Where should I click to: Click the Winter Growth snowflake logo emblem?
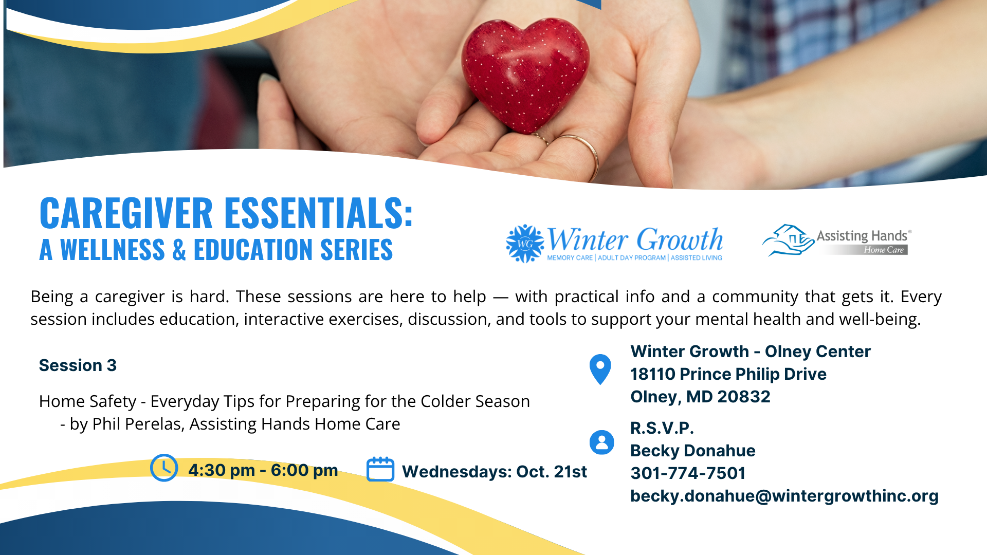coord(525,244)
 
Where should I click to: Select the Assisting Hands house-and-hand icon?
coord(788,240)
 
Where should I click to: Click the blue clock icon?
coord(164,468)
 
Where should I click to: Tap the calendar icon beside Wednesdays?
coord(380,469)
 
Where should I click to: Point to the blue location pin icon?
coord(600,369)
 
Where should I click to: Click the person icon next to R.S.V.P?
coord(602,442)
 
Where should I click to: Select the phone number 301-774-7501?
coord(688,473)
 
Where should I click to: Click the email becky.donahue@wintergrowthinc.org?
coord(784,496)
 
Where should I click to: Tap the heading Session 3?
coord(78,365)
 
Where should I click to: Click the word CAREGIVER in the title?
coord(126,213)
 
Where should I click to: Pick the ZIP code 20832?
coord(744,397)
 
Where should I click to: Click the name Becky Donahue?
coord(693,451)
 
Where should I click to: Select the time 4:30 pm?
coord(222,470)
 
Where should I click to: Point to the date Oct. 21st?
coord(552,472)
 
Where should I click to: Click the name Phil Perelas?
coord(137,424)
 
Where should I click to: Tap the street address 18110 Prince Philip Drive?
coord(728,374)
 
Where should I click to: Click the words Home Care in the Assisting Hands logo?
coord(884,250)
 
